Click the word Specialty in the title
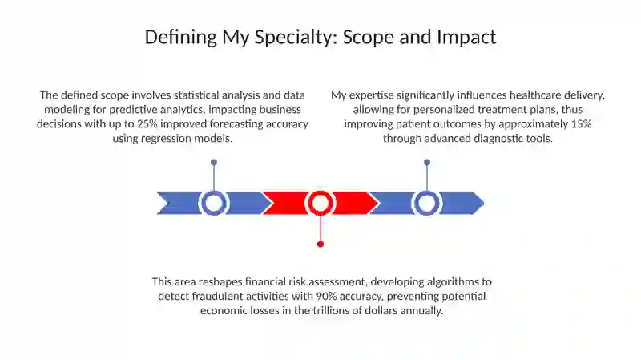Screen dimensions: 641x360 pyautogui.click(x=293, y=37)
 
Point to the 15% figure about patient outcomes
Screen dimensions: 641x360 pyautogui.click(x=582, y=124)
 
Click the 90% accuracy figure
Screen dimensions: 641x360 pyautogui.click(x=326, y=296)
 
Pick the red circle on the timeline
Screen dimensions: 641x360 pyautogui.click(x=320, y=203)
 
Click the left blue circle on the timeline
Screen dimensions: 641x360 pyautogui.click(x=213, y=203)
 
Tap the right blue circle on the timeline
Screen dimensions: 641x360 pyautogui.click(x=427, y=203)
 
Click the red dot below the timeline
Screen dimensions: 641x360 pyautogui.click(x=320, y=245)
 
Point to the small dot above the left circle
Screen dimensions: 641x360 pyautogui.click(x=214, y=163)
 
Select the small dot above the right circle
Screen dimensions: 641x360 pyautogui.click(x=427, y=163)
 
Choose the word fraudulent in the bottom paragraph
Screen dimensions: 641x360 pyautogui.click(x=216, y=296)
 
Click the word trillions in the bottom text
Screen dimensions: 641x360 pyautogui.click(x=331, y=310)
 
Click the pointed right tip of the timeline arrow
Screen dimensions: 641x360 pyautogui.click(x=484, y=203)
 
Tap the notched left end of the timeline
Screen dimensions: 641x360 pyautogui.click(x=167, y=203)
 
